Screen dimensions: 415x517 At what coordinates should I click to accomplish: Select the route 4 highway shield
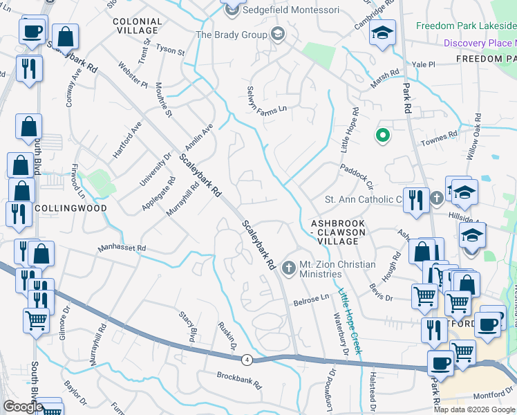[247, 359]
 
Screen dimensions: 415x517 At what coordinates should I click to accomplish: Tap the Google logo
[22, 407]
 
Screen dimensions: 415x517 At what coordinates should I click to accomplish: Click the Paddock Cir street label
[356, 177]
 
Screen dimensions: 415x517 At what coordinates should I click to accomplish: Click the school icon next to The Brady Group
[278, 34]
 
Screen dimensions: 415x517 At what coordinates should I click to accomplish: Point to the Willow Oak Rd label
[473, 138]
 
